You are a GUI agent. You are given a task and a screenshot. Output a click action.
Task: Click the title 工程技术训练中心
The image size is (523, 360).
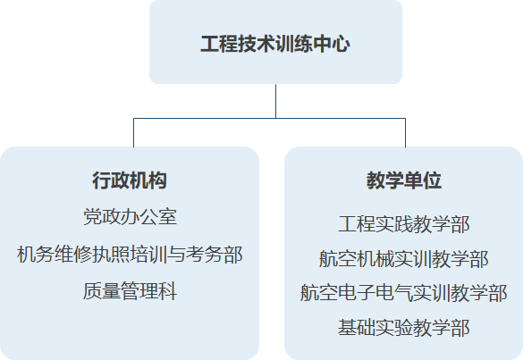(275, 44)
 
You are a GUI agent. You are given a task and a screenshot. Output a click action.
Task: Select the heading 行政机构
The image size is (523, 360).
(130, 180)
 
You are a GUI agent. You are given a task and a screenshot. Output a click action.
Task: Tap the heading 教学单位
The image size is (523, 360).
(404, 180)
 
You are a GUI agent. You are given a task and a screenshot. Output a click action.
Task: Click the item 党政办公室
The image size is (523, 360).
(130, 217)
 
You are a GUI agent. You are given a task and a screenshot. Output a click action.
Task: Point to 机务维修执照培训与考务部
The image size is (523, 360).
(130, 255)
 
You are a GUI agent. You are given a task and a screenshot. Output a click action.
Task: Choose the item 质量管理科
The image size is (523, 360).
(130, 291)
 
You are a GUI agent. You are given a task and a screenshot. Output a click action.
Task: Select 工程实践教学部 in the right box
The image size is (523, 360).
(404, 224)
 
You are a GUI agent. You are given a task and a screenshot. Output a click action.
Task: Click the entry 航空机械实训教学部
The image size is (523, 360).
(404, 259)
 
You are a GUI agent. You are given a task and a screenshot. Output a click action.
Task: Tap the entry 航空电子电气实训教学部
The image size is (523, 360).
(404, 293)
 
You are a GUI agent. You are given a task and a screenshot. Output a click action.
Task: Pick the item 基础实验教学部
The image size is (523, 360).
(404, 328)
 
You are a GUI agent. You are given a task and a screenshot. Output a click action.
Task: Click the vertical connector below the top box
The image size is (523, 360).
(276, 101)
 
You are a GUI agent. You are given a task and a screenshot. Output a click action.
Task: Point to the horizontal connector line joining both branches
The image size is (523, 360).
(269, 118)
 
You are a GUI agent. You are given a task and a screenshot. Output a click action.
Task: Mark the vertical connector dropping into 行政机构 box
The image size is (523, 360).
(134, 133)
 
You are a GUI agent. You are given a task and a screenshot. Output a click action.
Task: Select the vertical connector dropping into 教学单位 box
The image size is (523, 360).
(405, 133)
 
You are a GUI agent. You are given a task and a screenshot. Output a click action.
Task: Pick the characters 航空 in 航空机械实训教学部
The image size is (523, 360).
(338, 259)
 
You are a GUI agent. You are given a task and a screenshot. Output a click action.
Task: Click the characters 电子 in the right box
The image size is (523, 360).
(357, 293)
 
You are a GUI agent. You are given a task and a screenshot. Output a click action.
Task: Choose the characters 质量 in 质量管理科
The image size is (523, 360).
(102, 291)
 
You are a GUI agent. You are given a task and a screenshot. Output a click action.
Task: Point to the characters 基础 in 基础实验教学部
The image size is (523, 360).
(357, 328)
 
